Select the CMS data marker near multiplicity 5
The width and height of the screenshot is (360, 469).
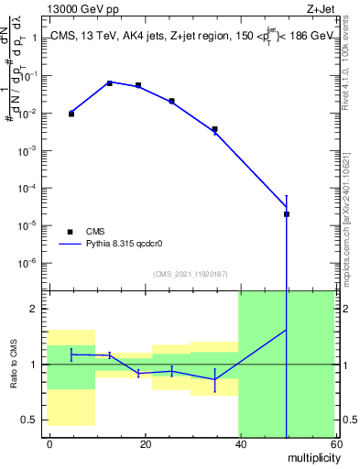[71, 114]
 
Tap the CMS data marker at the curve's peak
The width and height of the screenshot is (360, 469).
[110, 83]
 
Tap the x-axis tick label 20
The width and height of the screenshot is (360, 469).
[145, 445]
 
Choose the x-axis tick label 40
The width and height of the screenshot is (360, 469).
[239, 445]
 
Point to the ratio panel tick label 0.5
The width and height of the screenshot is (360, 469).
[29, 420]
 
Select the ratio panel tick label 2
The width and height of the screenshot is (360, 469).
[34, 310]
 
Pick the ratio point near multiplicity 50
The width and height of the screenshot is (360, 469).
[287, 330]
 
